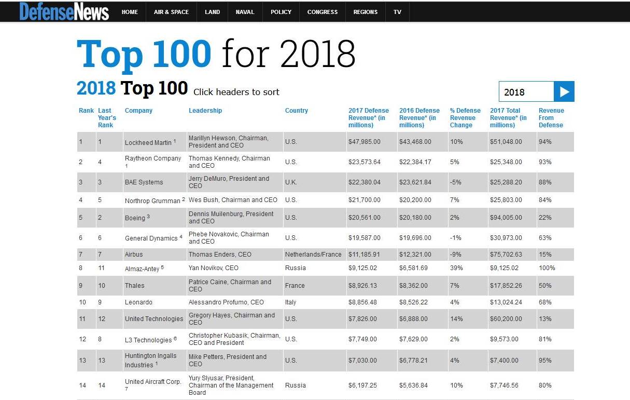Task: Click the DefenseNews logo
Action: (64, 11)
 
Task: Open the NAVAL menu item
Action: (245, 12)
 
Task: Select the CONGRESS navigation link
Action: (322, 12)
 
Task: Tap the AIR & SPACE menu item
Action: (171, 12)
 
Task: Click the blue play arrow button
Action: (564, 92)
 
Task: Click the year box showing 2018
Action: (526, 92)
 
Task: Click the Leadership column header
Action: (205, 111)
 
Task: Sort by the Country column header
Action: (297, 111)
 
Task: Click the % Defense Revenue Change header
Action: (465, 117)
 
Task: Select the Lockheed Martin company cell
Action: (148, 142)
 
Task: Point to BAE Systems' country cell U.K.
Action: (291, 182)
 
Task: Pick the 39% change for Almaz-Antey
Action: (456, 268)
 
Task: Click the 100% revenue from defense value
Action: (547, 268)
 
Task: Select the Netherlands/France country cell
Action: (313, 255)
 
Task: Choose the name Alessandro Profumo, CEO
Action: (226, 302)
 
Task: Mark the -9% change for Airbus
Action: (455, 255)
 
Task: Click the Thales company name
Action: (135, 286)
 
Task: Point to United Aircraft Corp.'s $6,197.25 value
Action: (365, 385)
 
